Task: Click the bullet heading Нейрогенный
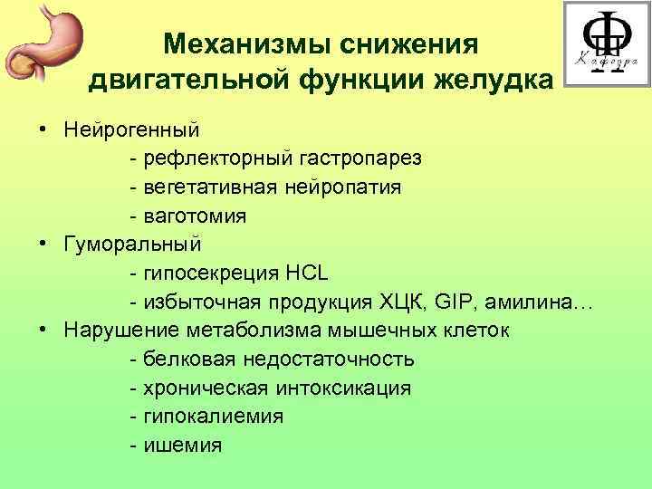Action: [x=132, y=129]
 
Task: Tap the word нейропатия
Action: [x=344, y=187]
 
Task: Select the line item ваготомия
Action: [x=193, y=216]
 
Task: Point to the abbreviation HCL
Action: [x=309, y=273]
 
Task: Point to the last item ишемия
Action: [x=182, y=446]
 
